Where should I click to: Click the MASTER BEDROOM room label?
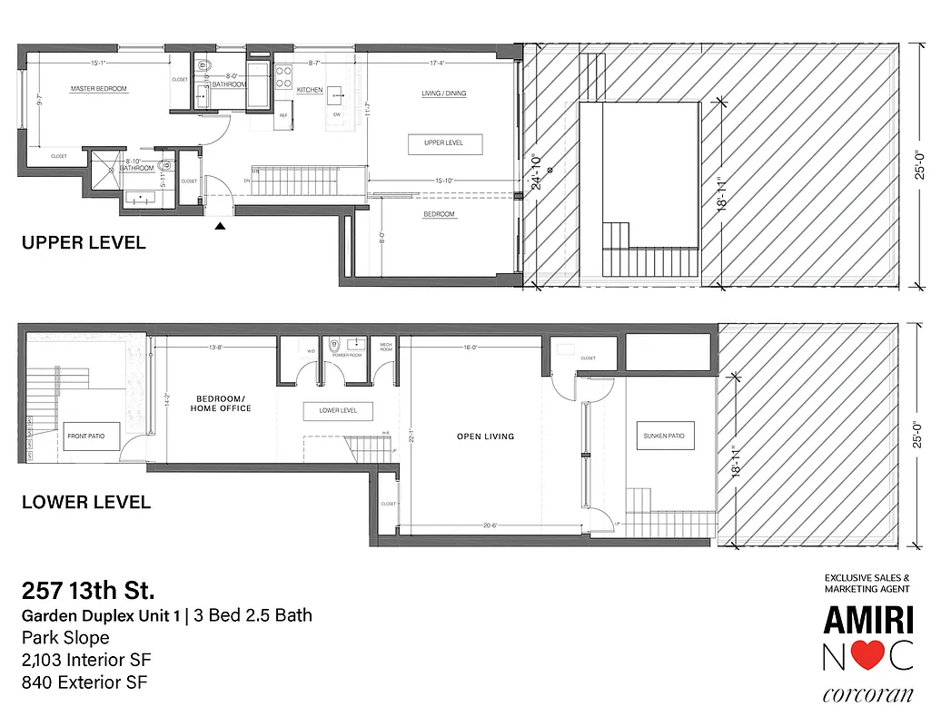(x=99, y=89)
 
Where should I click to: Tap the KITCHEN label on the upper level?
(x=310, y=90)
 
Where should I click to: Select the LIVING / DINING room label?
(x=444, y=93)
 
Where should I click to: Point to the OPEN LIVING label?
(x=485, y=437)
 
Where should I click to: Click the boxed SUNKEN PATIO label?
(x=663, y=436)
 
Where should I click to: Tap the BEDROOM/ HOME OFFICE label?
(x=223, y=404)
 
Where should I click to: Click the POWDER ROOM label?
(x=347, y=356)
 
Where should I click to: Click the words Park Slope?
(x=65, y=638)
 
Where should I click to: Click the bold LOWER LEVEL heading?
(x=86, y=502)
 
